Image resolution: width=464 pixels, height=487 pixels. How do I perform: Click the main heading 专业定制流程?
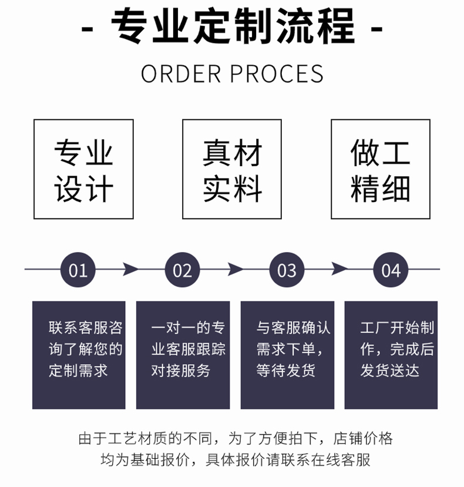pos(232,26)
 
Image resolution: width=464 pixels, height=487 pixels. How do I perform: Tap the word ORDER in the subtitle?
pos(181,74)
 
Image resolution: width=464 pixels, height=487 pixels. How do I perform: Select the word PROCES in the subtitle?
pos(276,74)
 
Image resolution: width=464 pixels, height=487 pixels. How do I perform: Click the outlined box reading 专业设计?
pos(83,169)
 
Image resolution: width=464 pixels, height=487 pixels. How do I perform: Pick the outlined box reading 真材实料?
pos(232,169)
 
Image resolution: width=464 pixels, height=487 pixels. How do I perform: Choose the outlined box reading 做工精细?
pos(381,169)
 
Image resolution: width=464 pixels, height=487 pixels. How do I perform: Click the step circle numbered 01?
pos(78,270)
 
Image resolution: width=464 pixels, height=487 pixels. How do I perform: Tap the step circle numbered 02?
pos(182,270)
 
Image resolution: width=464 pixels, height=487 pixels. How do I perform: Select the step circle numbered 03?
pos(287,270)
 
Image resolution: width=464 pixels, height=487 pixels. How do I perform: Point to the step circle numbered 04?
pos(391,270)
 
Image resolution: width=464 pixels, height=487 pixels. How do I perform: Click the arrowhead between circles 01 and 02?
pos(130,270)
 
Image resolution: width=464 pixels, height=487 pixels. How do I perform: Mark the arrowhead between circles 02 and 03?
pos(234,270)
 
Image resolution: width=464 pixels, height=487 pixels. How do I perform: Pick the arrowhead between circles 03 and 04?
pos(339,270)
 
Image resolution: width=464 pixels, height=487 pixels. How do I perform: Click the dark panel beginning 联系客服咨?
pos(79,355)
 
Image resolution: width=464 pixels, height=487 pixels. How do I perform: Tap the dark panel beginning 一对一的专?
pos(183,355)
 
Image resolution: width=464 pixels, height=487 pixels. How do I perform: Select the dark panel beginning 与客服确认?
pos(287,355)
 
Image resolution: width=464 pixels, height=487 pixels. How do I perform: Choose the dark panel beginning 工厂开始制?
pos(391,355)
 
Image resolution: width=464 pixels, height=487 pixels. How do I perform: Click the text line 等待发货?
pos(286,371)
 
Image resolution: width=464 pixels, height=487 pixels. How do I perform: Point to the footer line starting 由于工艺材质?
pos(235,438)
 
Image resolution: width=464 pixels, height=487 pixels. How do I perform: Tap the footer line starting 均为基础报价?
pos(235,460)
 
